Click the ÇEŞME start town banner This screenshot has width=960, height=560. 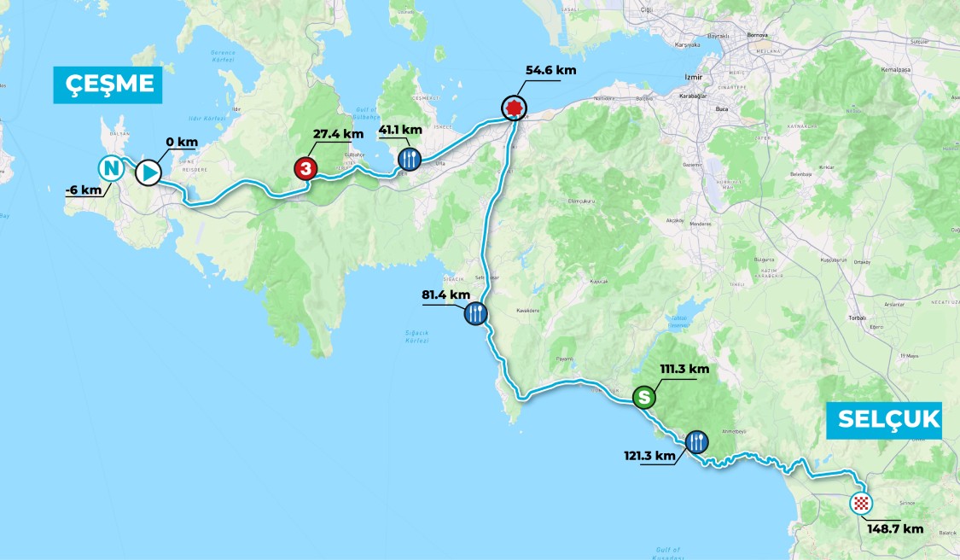[x=108, y=85]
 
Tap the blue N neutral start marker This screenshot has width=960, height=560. [x=110, y=166]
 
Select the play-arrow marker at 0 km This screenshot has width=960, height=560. [x=148, y=172]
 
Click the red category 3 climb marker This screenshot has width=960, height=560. [x=305, y=169]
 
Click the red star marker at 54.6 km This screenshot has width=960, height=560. [x=513, y=108]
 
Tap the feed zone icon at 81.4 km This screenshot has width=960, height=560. [x=476, y=313]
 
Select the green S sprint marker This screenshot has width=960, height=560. [x=644, y=397]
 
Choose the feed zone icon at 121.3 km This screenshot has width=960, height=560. [x=696, y=441]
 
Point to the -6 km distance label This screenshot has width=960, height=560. [x=82, y=190]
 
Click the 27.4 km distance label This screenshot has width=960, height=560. [x=339, y=134]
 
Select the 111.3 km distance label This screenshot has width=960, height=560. [x=684, y=370]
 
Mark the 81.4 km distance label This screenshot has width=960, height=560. [x=446, y=295]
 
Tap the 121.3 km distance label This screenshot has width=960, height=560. [x=649, y=455]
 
